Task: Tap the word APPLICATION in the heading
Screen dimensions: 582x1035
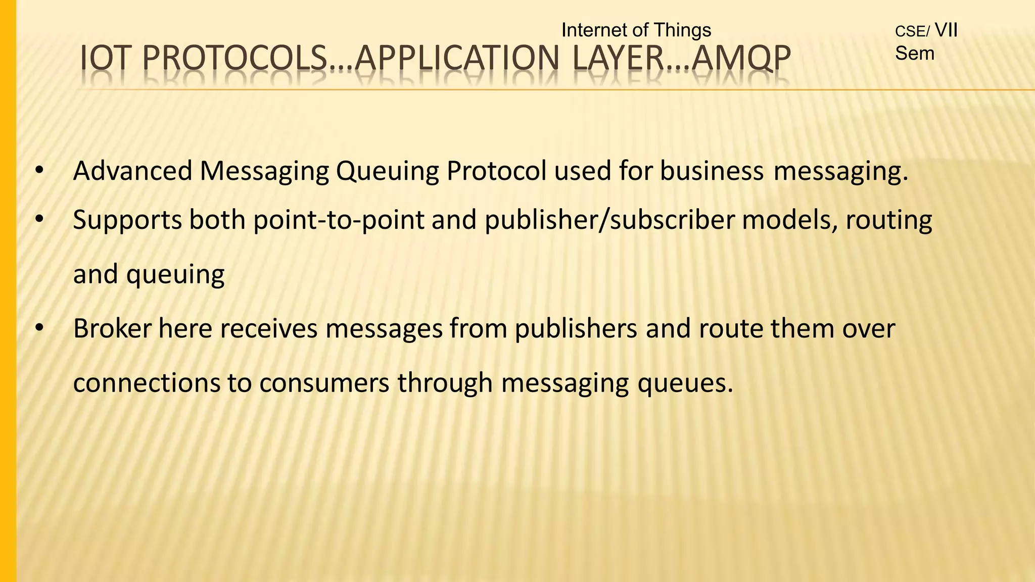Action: coord(457,58)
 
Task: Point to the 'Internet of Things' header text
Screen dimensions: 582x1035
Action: coord(636,30)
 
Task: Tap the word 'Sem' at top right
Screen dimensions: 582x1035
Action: coord(914,53)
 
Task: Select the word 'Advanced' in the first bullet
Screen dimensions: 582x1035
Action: coord(133,171)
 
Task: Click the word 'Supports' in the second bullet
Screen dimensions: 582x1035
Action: coord(127,220)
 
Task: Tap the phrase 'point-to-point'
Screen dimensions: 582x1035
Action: coord(339,221)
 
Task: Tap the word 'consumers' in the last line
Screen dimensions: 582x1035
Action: coord(324,382)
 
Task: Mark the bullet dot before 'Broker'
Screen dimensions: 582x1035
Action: coord(39,329)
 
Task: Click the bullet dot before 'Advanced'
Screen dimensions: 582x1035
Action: coord(39,171)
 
